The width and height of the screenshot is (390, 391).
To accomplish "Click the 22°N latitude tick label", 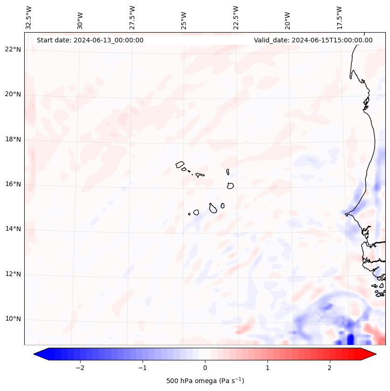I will coord(13,50).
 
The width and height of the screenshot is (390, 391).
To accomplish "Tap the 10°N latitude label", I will coord(13,319).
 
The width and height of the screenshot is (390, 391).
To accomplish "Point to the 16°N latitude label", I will coord(13,185).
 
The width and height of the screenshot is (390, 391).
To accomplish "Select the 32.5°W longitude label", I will coord(29,17).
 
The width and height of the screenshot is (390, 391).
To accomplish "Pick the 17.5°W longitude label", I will coord(339,17).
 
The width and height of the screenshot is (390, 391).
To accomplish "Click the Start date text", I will coord(90,40).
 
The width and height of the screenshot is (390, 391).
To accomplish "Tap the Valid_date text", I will coord(313,40).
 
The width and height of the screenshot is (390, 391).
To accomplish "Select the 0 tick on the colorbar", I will coord(205,368).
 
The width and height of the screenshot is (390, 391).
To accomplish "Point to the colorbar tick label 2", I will coord(330,368).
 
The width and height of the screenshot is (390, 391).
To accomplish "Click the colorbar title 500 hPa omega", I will coord(205,381).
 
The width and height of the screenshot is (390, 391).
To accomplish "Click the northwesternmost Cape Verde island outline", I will coord(180,164).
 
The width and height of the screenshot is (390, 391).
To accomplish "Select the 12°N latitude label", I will coord(13,274).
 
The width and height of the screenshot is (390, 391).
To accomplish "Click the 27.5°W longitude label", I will coord(132,17).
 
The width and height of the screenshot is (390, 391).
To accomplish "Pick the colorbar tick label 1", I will coord(267,368).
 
